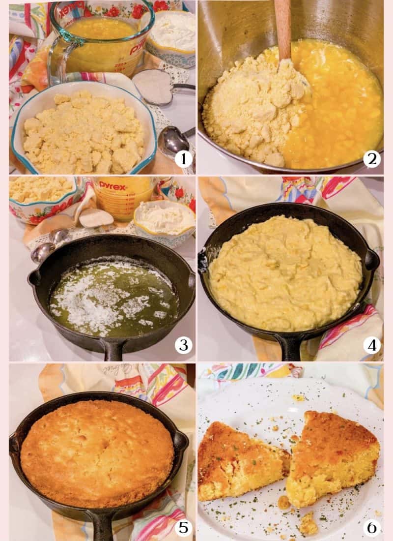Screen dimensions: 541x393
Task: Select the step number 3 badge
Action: (x=183, y=345)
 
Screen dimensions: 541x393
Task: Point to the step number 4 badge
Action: (x=372, y=345)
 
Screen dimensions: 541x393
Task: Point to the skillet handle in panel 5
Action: (x=103, y=526)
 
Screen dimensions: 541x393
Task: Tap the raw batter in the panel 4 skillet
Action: (x=285, y=273)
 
